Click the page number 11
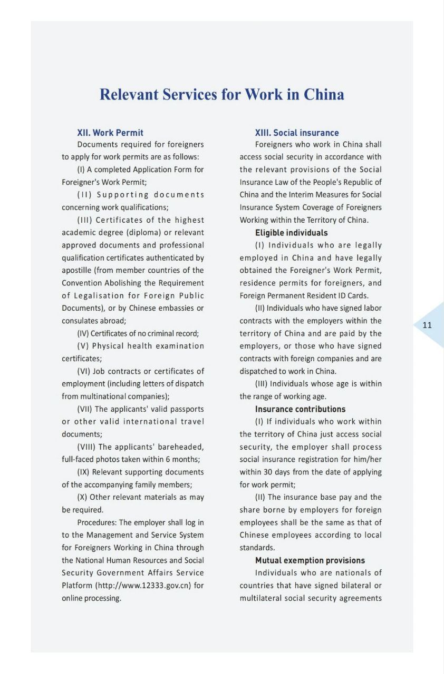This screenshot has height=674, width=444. tap(427, 325)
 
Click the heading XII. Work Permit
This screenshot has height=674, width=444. tap(110, 133)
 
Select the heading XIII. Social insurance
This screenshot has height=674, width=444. tap(297, 133)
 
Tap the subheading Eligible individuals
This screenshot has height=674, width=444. tap(291, 233)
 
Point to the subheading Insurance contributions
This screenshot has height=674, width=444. tap(300, 409)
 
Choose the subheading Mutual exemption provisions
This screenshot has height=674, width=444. tap(310, 560)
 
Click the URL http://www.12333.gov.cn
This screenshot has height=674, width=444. tap(146, 586)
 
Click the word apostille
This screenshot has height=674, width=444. tap(78, 271)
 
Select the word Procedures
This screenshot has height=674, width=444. tap(97, 522)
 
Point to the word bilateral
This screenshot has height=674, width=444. tap(356, 586)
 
